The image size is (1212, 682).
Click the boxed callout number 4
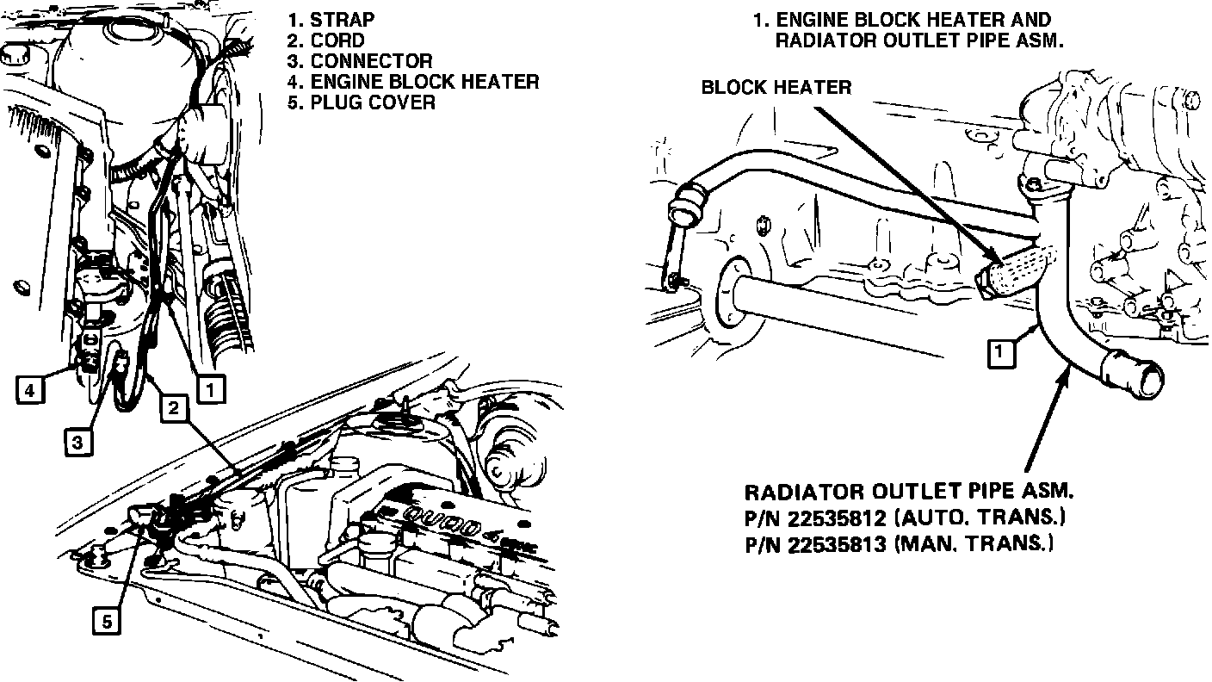pos(29,391)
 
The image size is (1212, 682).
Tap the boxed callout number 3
pos(77,443)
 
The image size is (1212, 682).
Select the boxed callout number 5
pos(107,622)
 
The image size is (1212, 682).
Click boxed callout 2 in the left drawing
pos(173,407)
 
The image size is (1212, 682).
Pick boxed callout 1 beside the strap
pos(210,390)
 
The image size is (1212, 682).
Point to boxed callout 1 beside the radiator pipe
pos(998,353)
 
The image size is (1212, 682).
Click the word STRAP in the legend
pos(342,19)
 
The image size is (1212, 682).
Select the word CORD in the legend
pos(337,40)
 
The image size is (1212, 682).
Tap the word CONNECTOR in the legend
pos(371,60)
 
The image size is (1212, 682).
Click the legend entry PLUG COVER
pos(373,102)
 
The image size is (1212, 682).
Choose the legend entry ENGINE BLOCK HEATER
pos(424,81)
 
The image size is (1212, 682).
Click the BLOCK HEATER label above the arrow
pos(776,87)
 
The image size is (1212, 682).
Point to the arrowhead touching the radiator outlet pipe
pos(1068,372)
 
